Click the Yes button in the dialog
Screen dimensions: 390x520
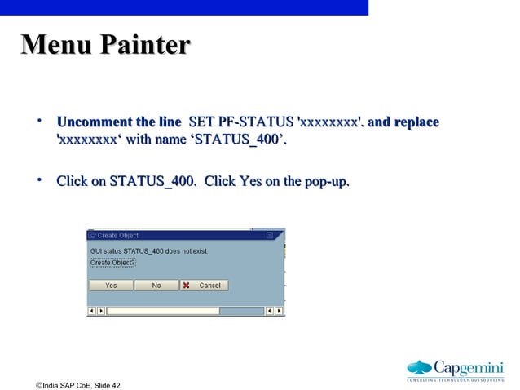pyautogui.click(x=111, y=286)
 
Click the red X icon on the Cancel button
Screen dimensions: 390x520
pyautogui.click(x=187, y=286)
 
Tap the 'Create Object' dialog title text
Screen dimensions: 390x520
pyautogui.click(x=118, y=235)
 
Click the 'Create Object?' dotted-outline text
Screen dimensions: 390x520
pyautogui.click(x=112, y=263)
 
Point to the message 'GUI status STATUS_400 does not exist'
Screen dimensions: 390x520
pyautogui.click(x=148, y=251)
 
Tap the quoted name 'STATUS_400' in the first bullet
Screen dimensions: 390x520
pyautogui.click(x=237, y=142)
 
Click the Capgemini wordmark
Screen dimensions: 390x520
pyautogui.click(x=469, y=366)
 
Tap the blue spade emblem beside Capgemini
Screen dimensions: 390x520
pyautogui.click(x=419, y=367)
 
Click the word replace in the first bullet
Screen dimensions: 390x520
pyautogui.click(x=416, y=122)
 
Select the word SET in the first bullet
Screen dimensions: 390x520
pyautogui.click(x=201, y=122)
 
